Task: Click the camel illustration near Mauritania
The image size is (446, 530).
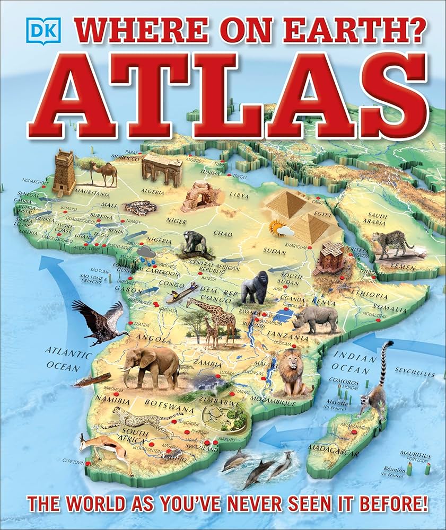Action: pos(104,173)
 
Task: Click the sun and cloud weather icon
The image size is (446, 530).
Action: pos(281,229)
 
